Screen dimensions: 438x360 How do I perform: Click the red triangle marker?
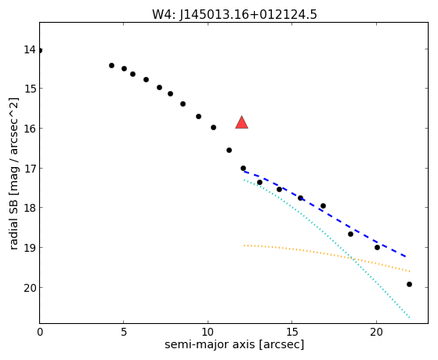(x=241, y=122)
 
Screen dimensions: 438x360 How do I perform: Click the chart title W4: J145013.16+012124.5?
(x=234, y=14)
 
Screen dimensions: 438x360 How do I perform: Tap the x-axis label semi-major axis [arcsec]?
(x=234, y=344)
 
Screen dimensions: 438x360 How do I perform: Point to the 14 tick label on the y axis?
(x=30, y=49)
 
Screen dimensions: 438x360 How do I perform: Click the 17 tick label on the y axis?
(x=30, y=169)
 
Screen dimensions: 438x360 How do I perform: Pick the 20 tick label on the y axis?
(x=30, y=288)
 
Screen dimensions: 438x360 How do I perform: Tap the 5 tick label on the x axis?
(x=124, y=332)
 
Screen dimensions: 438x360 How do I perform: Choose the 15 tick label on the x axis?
(x=292, y=332)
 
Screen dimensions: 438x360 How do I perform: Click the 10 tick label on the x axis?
(x=208, y=332)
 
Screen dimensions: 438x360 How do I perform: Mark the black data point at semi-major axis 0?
(x=40, y=51)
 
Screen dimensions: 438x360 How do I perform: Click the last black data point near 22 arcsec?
(x=409, y=285)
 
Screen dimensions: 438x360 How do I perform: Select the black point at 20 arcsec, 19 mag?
(x=377, y=248)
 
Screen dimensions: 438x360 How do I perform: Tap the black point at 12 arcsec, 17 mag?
(x=243, y=169)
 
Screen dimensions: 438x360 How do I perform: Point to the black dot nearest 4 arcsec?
(x=111, y=65)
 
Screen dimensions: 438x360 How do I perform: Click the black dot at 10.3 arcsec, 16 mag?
(x=213, y=128)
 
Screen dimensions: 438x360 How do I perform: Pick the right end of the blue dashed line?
(x=406, y=256)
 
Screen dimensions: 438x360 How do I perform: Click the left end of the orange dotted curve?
(x=244, y=245)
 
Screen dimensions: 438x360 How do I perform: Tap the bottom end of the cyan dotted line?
(x=410, y=318)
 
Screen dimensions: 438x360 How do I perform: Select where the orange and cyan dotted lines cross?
(x=353, y=259)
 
